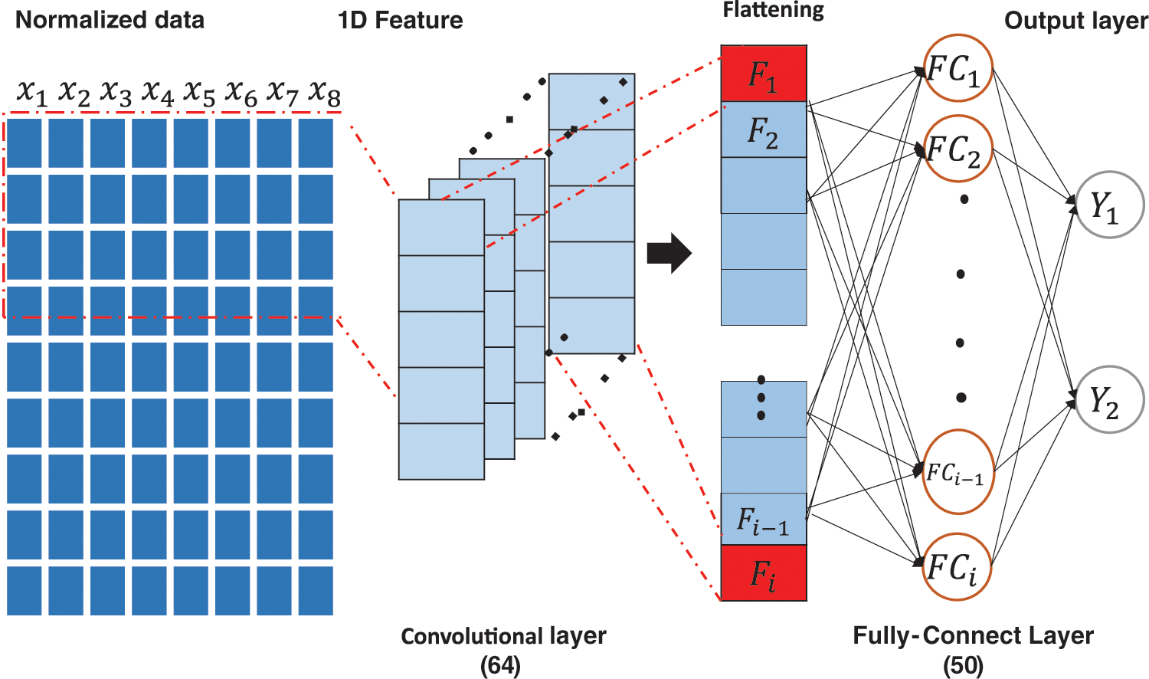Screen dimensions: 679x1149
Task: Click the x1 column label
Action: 32,93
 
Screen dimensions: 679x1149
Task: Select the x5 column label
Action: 199,93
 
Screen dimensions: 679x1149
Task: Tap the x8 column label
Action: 324,93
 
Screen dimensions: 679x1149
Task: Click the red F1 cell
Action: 764,74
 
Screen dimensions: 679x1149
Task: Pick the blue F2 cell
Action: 764,130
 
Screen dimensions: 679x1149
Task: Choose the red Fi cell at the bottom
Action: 764,572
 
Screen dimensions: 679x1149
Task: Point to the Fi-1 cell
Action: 764,520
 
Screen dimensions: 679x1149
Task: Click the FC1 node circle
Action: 957,69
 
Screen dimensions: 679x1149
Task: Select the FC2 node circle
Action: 957,149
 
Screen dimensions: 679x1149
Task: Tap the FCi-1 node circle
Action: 957,472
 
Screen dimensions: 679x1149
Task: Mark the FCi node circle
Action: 957,568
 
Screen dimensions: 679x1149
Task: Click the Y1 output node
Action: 1108,205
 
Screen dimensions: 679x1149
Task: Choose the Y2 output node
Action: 1108,400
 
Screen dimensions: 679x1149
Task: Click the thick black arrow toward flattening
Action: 669,253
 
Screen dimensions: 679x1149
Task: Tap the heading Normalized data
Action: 110,20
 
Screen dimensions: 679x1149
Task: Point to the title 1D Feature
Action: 400,20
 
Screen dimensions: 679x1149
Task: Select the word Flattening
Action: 773,10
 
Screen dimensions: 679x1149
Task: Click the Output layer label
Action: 1075,21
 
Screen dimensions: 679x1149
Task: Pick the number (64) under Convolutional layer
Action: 500,665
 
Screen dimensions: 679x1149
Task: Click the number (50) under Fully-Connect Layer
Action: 963,665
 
